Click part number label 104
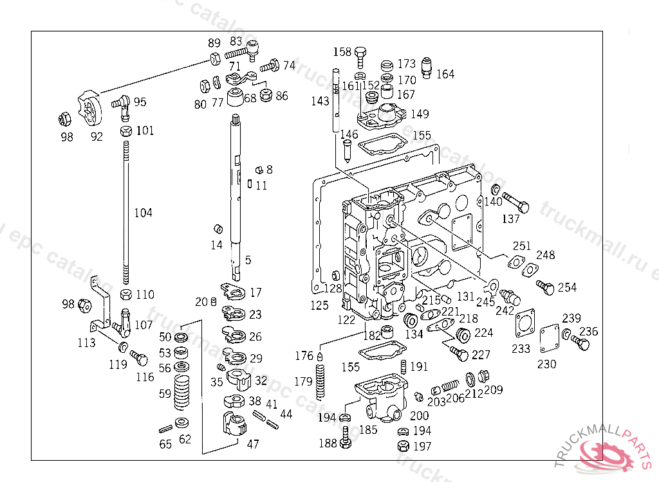(143, 213)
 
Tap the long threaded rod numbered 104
(126, 212)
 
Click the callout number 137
(510, 219)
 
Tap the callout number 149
(420, 114)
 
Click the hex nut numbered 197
(402, 446)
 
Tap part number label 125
(319, 306)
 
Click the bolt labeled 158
(360, 56)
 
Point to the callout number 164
(445, 74)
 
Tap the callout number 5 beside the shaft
(248, 260)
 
